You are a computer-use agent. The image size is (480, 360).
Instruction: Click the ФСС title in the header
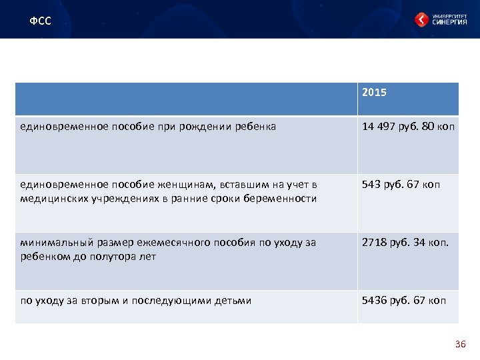[40, 21]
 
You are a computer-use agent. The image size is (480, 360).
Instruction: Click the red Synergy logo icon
[422, 20]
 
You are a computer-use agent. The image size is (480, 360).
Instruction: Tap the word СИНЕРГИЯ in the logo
[449, 23]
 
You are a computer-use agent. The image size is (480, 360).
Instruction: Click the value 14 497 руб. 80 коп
[408, 126]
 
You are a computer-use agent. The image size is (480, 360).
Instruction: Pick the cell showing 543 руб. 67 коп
[401, 185]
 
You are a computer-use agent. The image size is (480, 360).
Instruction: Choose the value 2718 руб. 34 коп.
[405, 243]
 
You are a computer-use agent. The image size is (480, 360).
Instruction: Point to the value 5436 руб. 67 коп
[404, 301]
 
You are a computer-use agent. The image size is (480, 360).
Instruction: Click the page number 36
[460, 344]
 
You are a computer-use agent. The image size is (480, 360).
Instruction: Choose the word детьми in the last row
[233, 301]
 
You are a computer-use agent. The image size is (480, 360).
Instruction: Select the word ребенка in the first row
[253, 126]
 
